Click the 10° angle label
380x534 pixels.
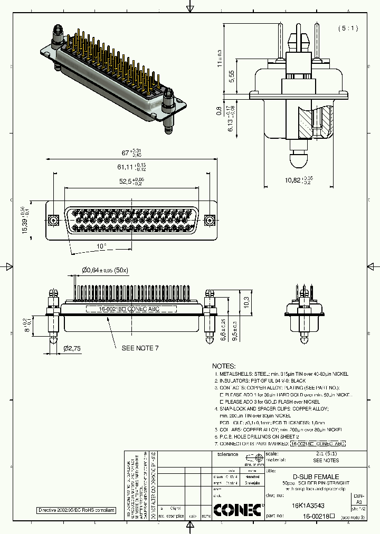click(101, 246)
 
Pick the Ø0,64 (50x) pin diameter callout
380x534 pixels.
click(105, 270)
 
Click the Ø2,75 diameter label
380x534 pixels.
click(72, 349)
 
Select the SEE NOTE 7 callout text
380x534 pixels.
click(140, 348)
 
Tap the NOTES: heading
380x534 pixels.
click(224, 366)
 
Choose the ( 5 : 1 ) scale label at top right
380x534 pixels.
click(348, 28)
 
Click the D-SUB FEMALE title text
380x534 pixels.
click(316, 476)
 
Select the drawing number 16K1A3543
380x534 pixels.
click(308, 505)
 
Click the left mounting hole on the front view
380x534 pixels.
click(53, 220)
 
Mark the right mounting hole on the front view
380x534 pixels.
click(209, 220)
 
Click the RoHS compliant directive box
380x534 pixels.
click(75, 510)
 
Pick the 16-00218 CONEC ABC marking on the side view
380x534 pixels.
click(129, 310)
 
